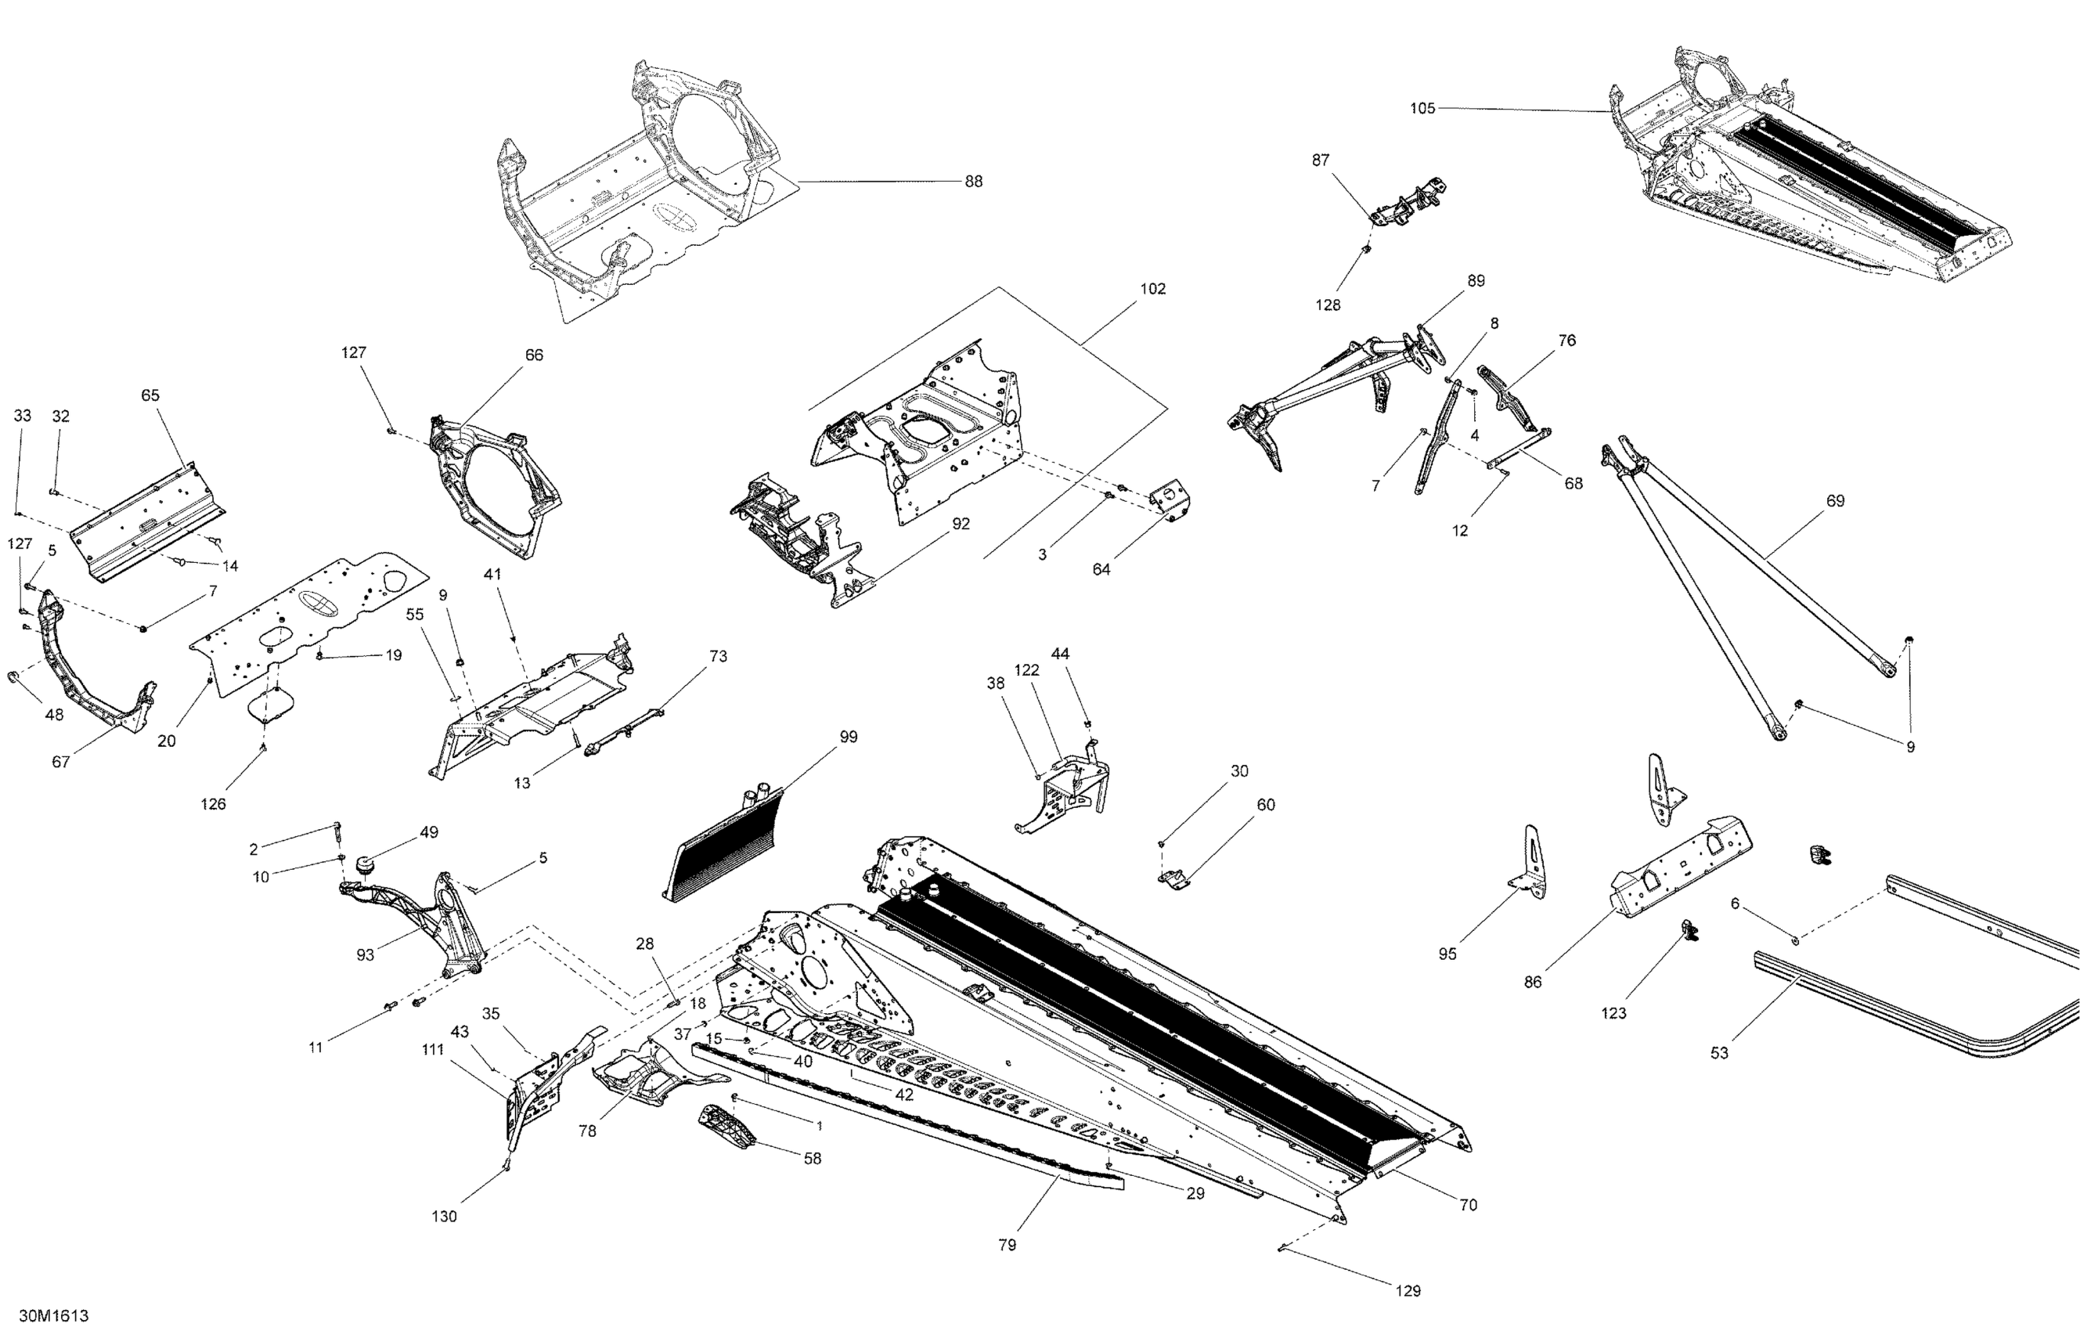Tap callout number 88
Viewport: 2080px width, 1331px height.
point(973,182)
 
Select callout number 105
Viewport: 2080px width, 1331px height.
point(1422,108)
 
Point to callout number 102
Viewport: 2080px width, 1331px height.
point(1153,289)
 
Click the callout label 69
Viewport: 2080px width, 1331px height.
point(1835,500)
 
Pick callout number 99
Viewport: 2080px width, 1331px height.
point(848,737)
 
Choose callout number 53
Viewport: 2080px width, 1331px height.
point(1719,1053)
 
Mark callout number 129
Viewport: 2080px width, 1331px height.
point(1408,1290)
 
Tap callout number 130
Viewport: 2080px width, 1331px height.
point(443,1216)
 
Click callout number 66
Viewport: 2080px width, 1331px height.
point(534,355)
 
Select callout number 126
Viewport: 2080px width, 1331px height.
point(213,804)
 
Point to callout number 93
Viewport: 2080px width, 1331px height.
point(365,954)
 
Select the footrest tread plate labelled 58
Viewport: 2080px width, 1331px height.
point(725,1126)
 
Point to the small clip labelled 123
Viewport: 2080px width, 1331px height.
point(1688,931)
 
